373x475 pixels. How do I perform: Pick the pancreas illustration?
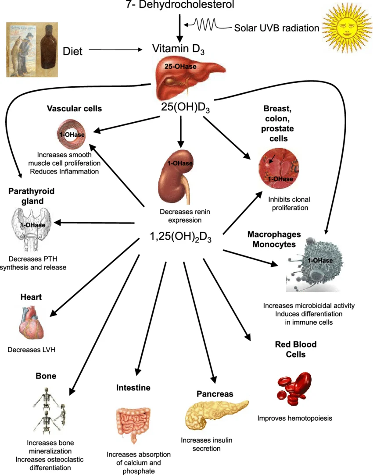[215, 415]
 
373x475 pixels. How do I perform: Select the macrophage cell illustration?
[314, 265]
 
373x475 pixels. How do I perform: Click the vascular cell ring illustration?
[71, 134]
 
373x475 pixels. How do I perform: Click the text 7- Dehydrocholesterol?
[180, 5]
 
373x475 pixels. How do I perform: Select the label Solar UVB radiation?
[276, 28]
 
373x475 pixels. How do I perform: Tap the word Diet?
[72, 51]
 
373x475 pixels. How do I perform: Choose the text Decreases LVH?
[32, 350]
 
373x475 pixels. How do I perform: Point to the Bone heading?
[46, 376]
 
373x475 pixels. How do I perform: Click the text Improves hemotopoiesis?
[295, 418]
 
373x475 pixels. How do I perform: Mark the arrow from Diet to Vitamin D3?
[116, 50]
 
